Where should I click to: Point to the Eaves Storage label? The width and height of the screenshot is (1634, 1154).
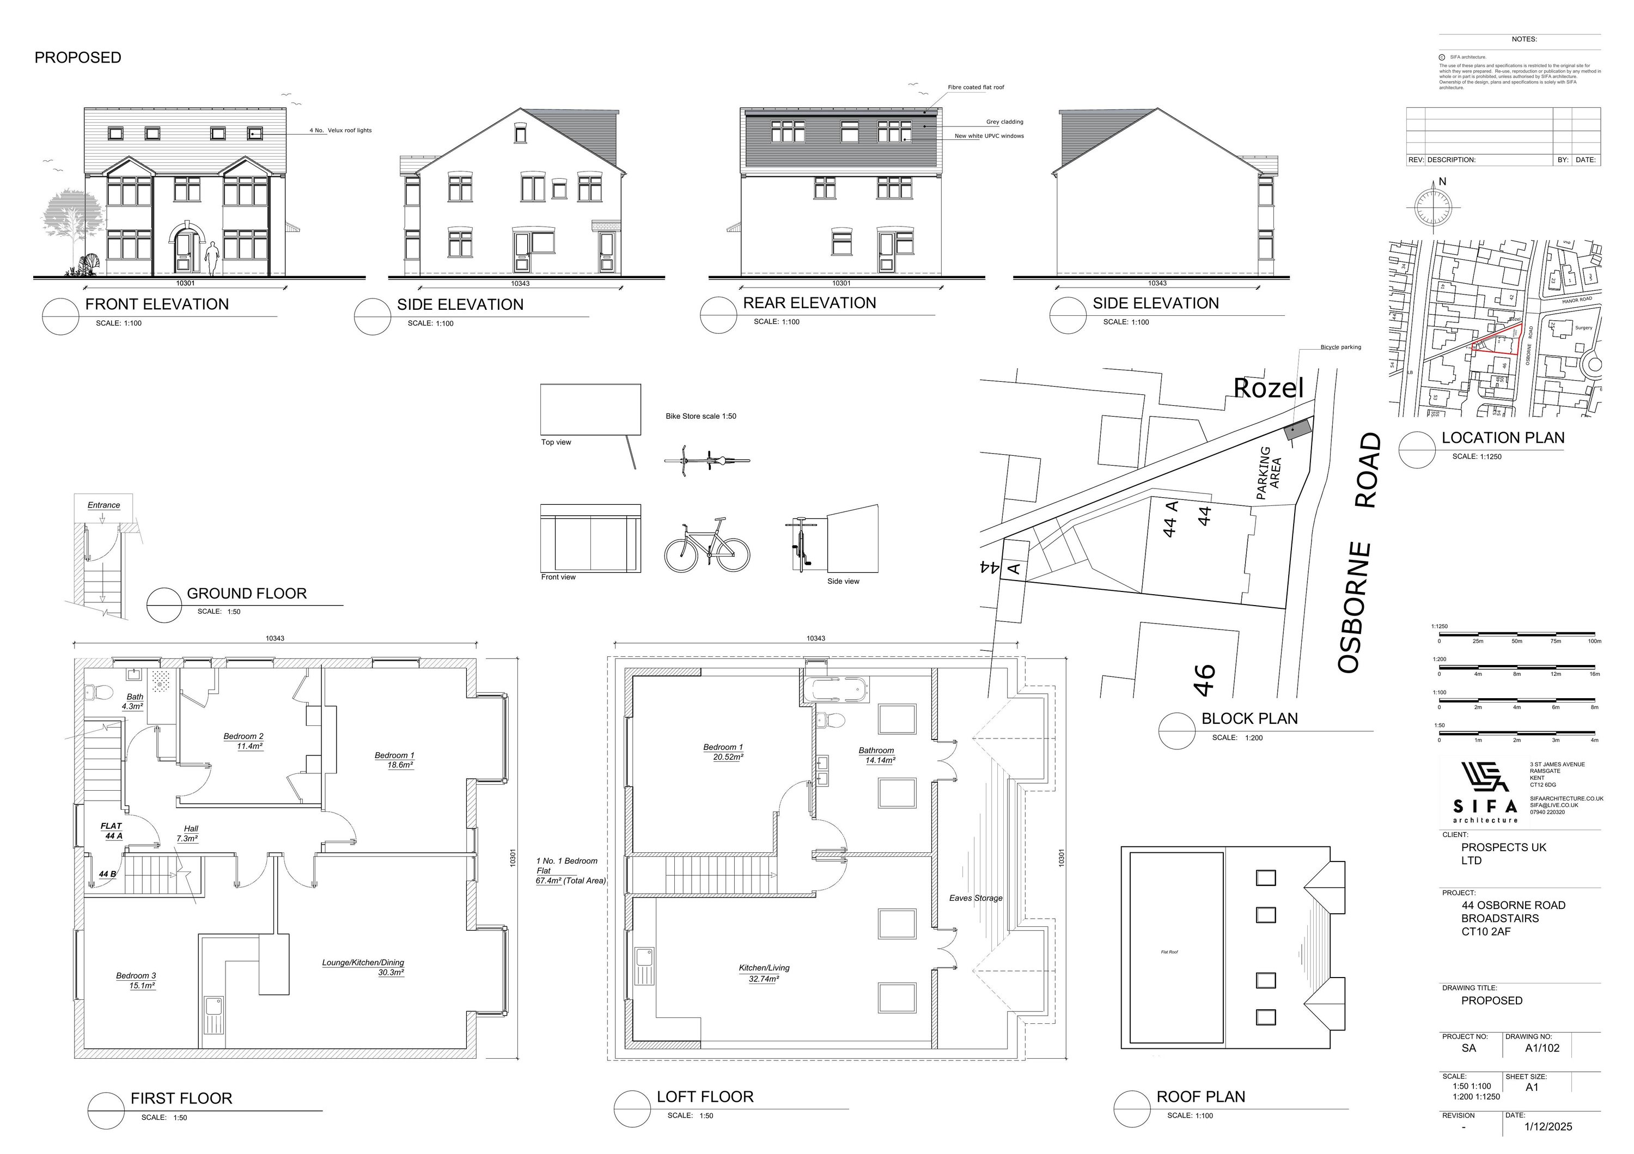pyautogui.click(x=975, y=898)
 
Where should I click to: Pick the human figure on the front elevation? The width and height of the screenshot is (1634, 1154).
pyautogui.click(x=211, y=258)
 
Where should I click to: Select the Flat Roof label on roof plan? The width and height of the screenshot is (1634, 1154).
pyautogui.click(x=1169, y=952)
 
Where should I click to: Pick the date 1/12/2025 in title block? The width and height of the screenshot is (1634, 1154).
pyautogui.click(x=1548, y=1126)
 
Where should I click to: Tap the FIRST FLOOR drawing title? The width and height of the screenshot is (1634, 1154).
pyautogui.click(x=181, y=1098)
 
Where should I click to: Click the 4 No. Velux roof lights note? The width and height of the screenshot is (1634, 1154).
pyautogui.click(x=340, y=131)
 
